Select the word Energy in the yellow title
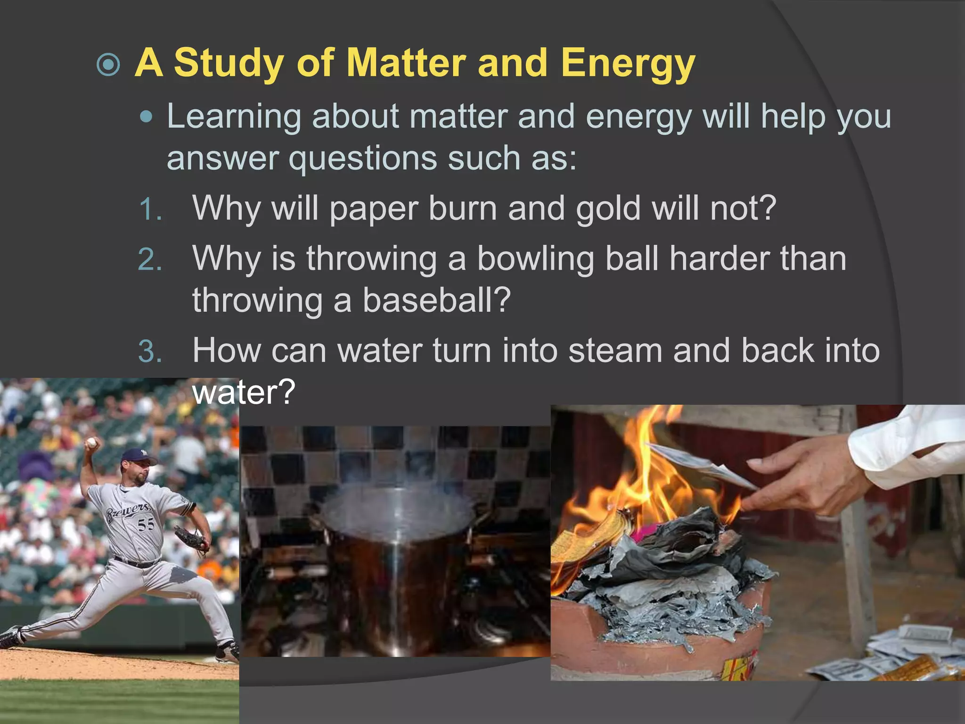(628, 64)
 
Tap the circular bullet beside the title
(109, 64)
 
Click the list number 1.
(150, 209)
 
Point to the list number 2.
(150, 260)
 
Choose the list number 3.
(150, 352)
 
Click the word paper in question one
(373, 209)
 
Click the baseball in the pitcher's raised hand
(91, 442)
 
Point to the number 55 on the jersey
(146, 524)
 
